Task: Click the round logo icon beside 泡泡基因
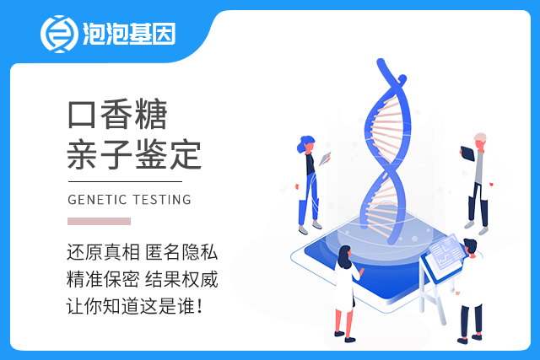pyautogui.click(x=59, y=34)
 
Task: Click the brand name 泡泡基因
pyautogui.click(x=129, y=34)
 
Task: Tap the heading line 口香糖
pyautogui.click(x=117, y=114)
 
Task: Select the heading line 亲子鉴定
pyautogui.click(x=134, y=154)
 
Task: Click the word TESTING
pyautogui.click(x=162, y=200)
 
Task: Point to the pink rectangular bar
pyautogui.click(x=100, y=221)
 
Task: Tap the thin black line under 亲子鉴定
pyautogui.click(x=125, y=181)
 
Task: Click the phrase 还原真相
pyautogui.click(x=103, y=252)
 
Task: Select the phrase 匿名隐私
pyautogui.click(x=181, y=252)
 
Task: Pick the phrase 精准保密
pyautogui.click(x=103, y=279)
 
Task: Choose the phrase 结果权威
pyautogui.click(x=181, y=279)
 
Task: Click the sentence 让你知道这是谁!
pyautogui.click(x=134, y=306)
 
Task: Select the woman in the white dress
pyautogui.click(x=346, y=293)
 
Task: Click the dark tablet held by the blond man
pyautogui.click(x=467, y=153)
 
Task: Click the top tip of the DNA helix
pyautogui.click(x=381, y=61)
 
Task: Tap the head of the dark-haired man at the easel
pyautogui.click(x=470, y=246)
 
